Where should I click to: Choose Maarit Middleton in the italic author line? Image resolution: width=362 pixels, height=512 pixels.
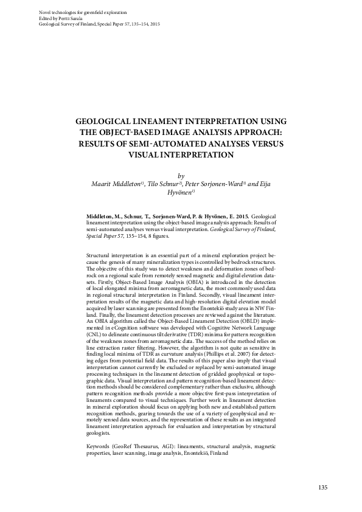coord(115,183)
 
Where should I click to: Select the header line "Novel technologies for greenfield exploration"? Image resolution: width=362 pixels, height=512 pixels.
coord(76,12)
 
